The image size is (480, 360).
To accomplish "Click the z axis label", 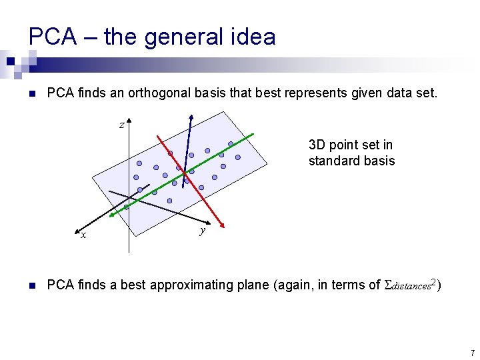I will pyautogui.click(x=121, y=125).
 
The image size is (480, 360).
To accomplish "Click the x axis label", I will pyautogui.click(x=83, y=235).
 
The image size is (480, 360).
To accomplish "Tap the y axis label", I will pyautogui.click(x=202, y=231).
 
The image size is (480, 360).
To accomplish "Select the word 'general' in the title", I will pyautogui.click(x=176, y=37).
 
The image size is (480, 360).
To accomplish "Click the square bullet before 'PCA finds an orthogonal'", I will pyautogui.click(x=31, y=93).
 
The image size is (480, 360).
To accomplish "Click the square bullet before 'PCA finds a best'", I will pyautogui.click(x=31, y=286).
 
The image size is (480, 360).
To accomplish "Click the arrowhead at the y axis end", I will pyautogui.click(x=211, y=223).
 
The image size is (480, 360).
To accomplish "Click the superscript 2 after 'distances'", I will pyautogui.click(x=433, y=283).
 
